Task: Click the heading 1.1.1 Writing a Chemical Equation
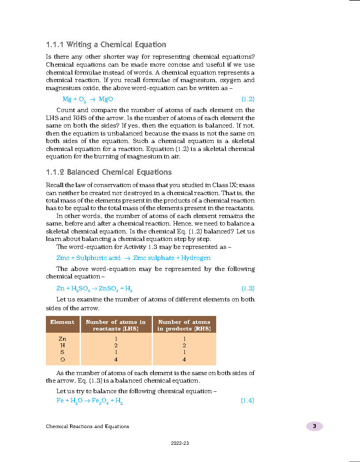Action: click(x=106, y=45)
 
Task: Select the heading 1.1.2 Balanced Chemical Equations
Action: click(x=109, y=172)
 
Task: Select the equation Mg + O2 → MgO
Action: click(x=88, y=99)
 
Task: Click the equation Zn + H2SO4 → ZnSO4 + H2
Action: click(x=94, y=289)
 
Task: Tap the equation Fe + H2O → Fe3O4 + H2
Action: click(x=89, y=401)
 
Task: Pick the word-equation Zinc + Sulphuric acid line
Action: click(x=133, y=258)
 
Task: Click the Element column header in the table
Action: click(x=62, y=322)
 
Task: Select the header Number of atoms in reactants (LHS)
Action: click(x=116, y=325)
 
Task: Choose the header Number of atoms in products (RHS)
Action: click(x=184, y=325)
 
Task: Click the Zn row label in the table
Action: click(x=62, y=338)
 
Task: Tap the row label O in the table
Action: click(x=62, y=360)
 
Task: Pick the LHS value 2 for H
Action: click(x=116, y=346)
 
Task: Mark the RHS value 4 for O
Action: click(x=184, y=360)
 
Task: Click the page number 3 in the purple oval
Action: click(x=314, y=426)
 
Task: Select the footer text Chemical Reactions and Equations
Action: click(x=87, y=426)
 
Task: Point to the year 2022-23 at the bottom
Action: click(x=180, y=443)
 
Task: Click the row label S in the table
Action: click(x=62, y=353)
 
